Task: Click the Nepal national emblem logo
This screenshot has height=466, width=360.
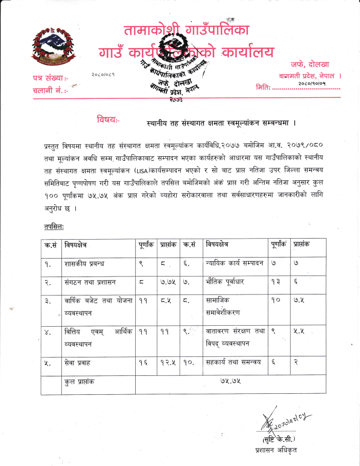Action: point(52,47)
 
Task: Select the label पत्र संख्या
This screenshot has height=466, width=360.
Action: point(50,78)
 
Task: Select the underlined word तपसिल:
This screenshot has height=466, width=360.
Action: point(53,226)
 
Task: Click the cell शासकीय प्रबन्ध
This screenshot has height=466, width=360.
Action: point(84,264)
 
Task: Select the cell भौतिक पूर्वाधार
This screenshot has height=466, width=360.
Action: point(226,281)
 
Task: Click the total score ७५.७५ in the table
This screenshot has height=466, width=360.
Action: point(230,383)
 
